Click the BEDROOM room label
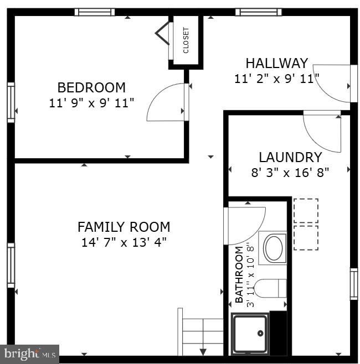click(x=91, y=87)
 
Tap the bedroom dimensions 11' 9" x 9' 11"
click(x=91, y=102)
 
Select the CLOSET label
click(x=186, y=40)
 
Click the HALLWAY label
click(x=276, y=63)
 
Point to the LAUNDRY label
click(x=290, y=157)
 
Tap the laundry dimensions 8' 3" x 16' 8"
click(x=290, y=172)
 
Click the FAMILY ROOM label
click(x=124, y=227)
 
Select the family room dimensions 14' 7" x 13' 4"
click(x=124, y=242)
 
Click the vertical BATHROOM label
click(x=239, y=275)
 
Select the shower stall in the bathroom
click(x=250, y=334)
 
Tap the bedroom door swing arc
click(x=166, y=102)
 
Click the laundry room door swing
click(x=323, y=132)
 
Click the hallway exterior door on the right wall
click(x=335, y=83)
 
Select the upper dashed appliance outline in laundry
click(x=306, y=210)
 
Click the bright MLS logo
click(x=30, y=353)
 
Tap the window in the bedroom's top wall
click(x=95, y=12)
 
